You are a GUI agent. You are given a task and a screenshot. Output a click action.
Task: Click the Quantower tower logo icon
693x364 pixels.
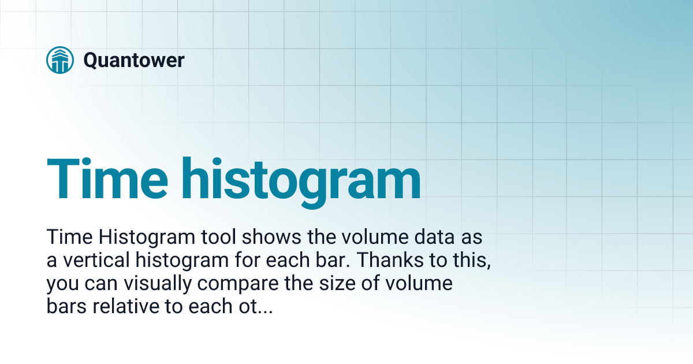[60, 60]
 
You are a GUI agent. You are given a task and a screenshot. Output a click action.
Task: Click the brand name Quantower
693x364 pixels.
[133, 60]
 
